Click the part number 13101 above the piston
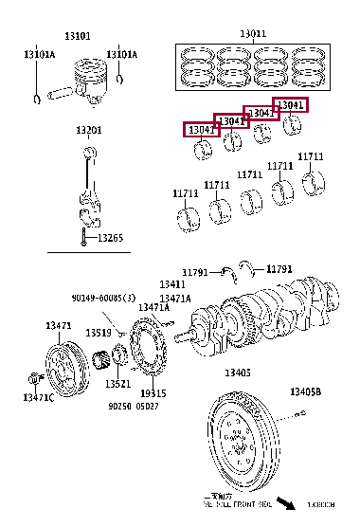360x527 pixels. pos(78,36)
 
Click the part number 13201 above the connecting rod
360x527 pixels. pos(89,129)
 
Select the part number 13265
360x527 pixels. pos(110,238)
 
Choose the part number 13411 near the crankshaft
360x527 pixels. pos(171,284)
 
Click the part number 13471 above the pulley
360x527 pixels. pos(58,325)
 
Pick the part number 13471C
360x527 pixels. pos(38,398)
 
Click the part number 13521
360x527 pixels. pos(117,384)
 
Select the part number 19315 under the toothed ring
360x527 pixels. pos(153,392)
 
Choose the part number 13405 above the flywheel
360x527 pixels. pos(237,373)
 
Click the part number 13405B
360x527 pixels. pos(305,391)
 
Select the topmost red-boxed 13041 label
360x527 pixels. pos(289,105)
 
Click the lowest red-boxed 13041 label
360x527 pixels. pos(201,129)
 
